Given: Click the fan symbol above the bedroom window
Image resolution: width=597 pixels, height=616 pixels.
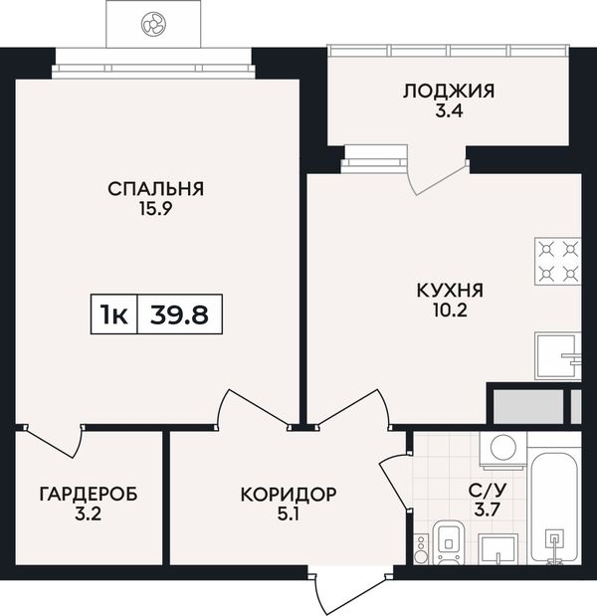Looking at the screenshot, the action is click(153, 24).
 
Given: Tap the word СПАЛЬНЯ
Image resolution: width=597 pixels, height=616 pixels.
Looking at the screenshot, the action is click(156, 189).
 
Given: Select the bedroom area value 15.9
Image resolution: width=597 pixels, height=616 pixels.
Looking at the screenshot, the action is click(156, 209).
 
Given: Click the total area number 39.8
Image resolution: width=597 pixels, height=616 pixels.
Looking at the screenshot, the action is click(179, 314).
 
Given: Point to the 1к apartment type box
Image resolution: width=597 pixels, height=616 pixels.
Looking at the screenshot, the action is click(114, 314).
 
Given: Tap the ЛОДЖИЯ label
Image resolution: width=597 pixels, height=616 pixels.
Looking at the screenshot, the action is click(449, 92).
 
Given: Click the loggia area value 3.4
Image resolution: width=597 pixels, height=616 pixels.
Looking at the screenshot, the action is click(449, 110).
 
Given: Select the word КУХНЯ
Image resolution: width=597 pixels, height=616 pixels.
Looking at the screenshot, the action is click(450, 291).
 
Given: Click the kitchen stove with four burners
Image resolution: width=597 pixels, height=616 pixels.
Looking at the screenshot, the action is click(558, 262).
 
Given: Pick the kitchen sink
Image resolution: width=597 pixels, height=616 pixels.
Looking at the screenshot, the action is click(558, 356).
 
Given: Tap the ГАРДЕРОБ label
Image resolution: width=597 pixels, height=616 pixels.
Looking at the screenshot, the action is click(89, 494).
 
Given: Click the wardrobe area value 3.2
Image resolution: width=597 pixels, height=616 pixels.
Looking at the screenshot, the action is click(88, 514).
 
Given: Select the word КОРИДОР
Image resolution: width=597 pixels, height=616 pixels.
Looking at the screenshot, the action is click(289, 495).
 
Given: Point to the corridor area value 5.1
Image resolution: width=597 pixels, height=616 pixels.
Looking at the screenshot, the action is click(289, 514).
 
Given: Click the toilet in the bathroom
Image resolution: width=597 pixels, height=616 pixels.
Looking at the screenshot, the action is click(448, 543).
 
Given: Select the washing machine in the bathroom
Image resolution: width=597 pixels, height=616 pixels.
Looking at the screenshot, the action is click(503, 451).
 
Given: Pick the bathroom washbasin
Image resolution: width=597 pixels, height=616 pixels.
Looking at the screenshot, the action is click(498, 549).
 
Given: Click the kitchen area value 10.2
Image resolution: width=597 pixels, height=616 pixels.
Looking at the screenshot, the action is click(450, 311).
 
